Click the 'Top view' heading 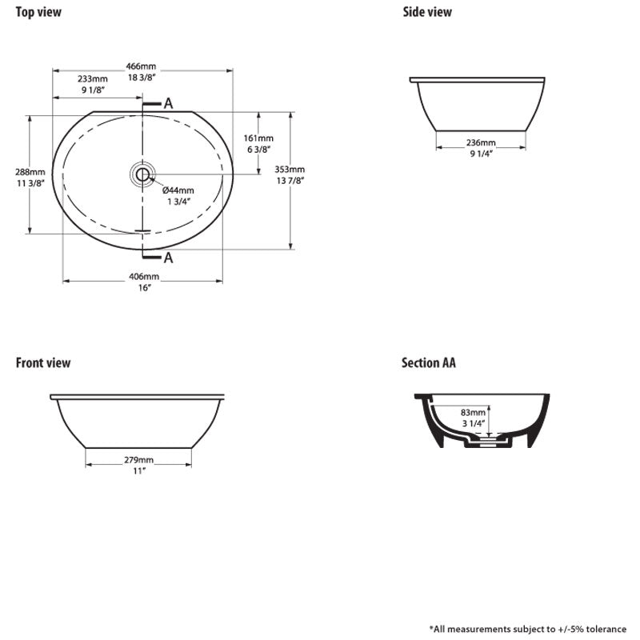38,12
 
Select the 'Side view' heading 426,12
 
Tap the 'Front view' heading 43,363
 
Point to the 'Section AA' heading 429,363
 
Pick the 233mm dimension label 92,78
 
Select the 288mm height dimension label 30,172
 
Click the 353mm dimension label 290,169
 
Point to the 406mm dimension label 143,276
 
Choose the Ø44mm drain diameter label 178,190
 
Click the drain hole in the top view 142,174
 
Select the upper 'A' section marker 168,103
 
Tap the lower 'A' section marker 168,257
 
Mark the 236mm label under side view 480,142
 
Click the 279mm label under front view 138,460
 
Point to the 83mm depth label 474,413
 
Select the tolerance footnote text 529,629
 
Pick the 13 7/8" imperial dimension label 290,180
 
